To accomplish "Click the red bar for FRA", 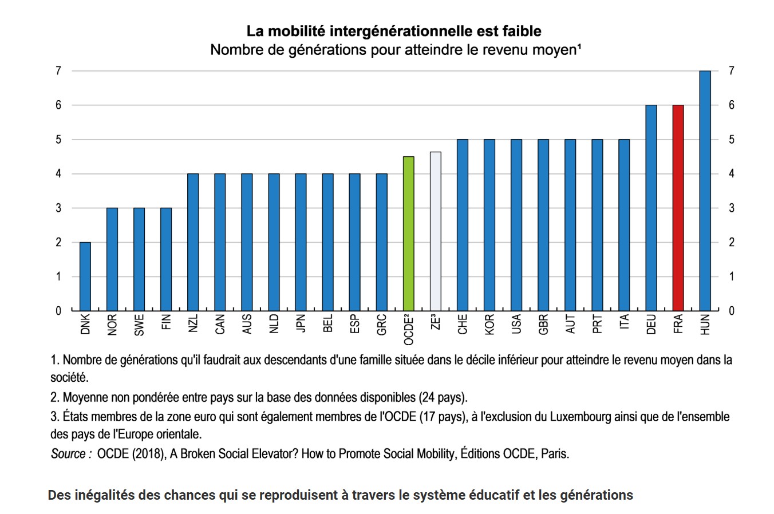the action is [678, 208].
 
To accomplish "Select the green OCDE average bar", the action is [408, 234].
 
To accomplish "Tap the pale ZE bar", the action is [435, 231].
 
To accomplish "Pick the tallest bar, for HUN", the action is [705, 191].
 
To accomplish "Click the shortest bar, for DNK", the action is [85, 276].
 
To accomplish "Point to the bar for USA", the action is [516, 225].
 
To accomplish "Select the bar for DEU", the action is [651, 208].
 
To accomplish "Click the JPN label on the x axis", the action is [301, 323].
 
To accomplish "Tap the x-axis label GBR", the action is [543, 325].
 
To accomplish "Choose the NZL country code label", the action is [193, 323].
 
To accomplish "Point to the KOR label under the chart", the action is [489, 325].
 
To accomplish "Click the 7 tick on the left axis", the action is [58, 71].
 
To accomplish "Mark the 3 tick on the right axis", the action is [732, 208].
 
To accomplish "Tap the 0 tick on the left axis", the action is [58, 311].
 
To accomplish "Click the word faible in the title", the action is [522, 31].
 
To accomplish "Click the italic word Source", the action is [68, 453].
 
